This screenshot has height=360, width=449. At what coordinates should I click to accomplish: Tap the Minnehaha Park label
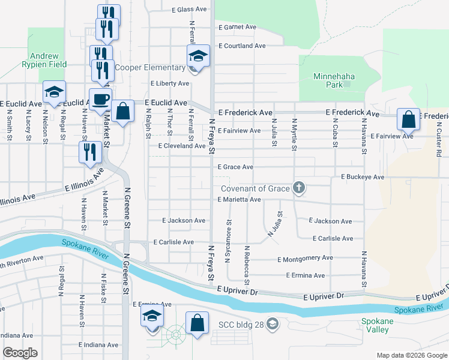coord(335,80)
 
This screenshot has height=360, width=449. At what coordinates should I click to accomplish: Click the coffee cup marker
coord(100,99)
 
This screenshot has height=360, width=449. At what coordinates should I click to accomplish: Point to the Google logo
coord(20,353)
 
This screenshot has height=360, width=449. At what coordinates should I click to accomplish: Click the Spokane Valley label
coord(377,325)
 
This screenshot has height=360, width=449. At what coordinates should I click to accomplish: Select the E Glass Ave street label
coord(189,10)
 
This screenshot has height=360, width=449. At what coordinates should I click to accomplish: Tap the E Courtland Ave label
coord(241,46)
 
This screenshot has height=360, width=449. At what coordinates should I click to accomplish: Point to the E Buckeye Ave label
coord(362,177)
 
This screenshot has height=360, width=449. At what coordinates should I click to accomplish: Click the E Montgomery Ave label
coord(305,258)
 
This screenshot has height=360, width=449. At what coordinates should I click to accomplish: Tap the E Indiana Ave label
coord(98,345)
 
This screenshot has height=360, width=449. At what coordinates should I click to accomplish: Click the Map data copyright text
coord(411,355)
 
